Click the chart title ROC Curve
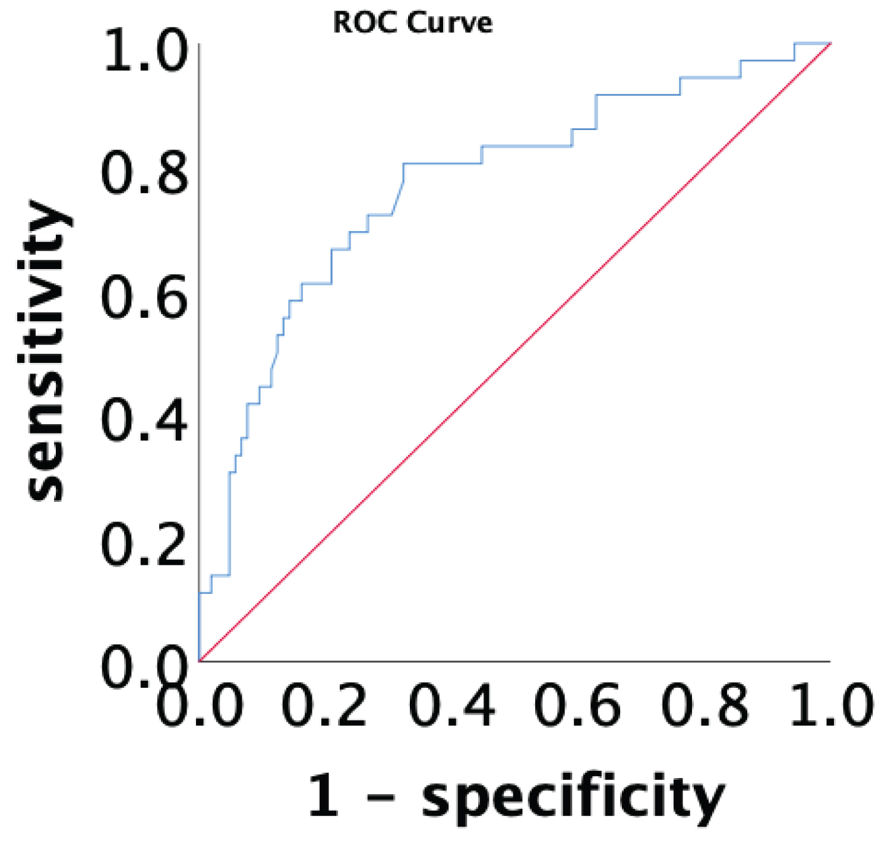click(413, 23)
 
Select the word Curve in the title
click(450, 23)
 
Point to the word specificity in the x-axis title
click(573, 797)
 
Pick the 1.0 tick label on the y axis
click(146, 52)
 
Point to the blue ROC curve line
click(443, 163)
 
